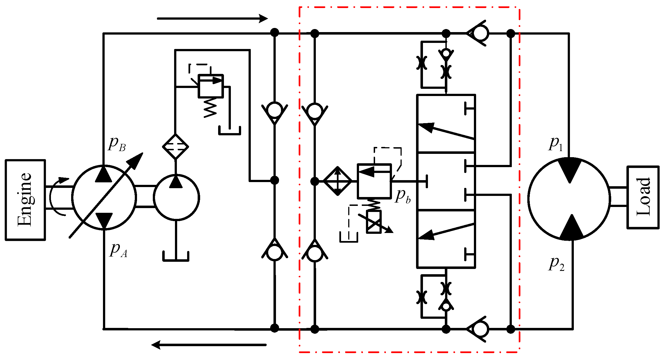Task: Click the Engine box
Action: coord(25,200)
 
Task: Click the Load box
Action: coord(643,197)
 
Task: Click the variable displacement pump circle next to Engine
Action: coord(104,197)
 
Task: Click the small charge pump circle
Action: coord(176,197)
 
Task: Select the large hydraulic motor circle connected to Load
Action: coord(569,199)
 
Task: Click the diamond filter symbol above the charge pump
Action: coord(175,147)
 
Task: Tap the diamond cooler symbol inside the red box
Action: coord(337,181)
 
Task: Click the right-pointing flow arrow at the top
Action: coord(212,19)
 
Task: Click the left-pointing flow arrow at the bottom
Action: coord(209,345)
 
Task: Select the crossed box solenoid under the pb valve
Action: coord(374,222)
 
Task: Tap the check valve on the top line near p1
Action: coord(478,33)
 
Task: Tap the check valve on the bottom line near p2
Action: coord(478,329)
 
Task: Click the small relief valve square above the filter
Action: coord(211,86)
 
